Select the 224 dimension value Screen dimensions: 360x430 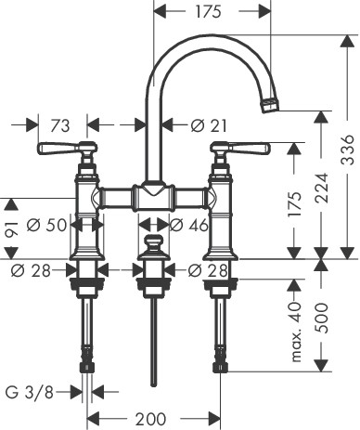click(321, 188)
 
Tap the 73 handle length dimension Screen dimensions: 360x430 click(60, 126)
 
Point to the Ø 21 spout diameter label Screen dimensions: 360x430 click(209, 125)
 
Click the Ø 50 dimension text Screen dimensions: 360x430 click(46, 225)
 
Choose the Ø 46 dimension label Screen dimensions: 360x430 click(189, 225)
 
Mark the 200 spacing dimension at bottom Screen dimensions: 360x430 click(150, 419)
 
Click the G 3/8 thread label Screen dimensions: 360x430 click(30, 393)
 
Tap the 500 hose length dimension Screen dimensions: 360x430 click(321, 318)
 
